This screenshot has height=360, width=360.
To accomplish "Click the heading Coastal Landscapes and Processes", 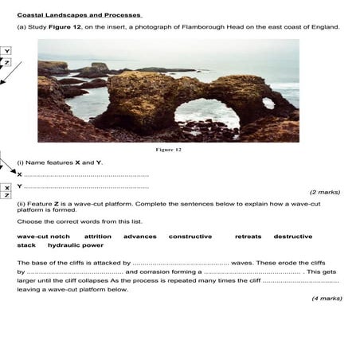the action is pyautogui.click(x=79, y=14).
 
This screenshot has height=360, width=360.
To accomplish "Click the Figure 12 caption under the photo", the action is pyautogui.click(x=168, y=149).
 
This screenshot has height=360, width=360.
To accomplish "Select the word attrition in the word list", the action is pyautogui.click(x=97, y=237).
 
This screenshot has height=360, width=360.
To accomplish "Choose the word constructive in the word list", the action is pyautogui.click(x=190, y=237).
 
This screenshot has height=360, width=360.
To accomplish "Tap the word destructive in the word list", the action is pyautogui.click(x=293, y=237).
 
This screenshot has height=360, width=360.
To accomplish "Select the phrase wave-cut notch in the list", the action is pyautogui.click(x=44, y=237).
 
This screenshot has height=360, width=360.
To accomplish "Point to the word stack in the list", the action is pyautogui.click(x=26, y=245).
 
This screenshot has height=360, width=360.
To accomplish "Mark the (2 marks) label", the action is pyautogui.click(x=324, y=192).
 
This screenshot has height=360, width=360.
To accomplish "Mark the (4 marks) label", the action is pyautogui.click(x=326, y=298).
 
